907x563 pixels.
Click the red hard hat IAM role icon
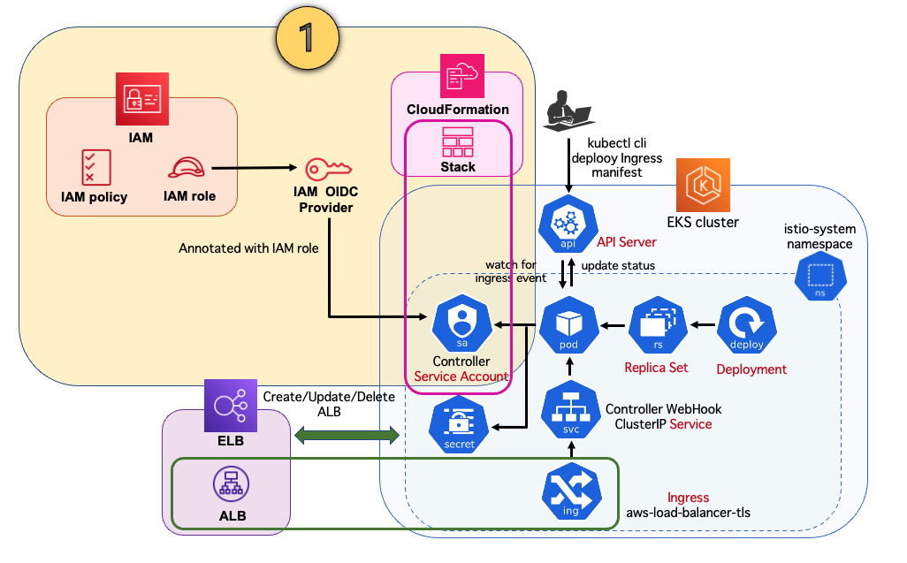(x=187, y=167)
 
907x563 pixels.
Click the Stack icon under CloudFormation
(x=458, y=141)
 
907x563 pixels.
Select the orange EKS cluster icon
(x=703, y=185)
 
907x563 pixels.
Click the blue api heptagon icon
(x=568, y=225)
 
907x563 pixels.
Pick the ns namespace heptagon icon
(x=821, y=278)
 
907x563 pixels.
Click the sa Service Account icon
(x=461, y=324)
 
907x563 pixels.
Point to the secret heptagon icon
(x=458, y=424)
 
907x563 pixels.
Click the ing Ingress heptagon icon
(x=570, y=493)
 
